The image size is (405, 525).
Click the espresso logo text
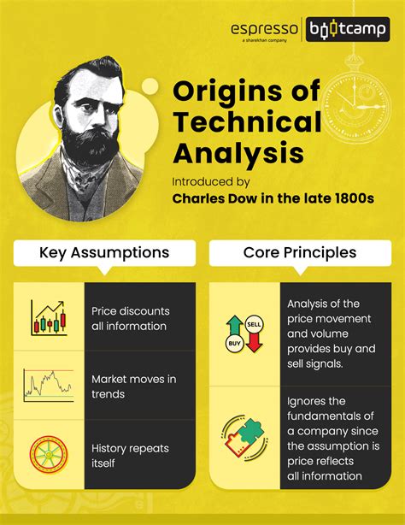265,29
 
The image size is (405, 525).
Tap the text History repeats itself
130,455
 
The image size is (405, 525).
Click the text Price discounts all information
131,317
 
